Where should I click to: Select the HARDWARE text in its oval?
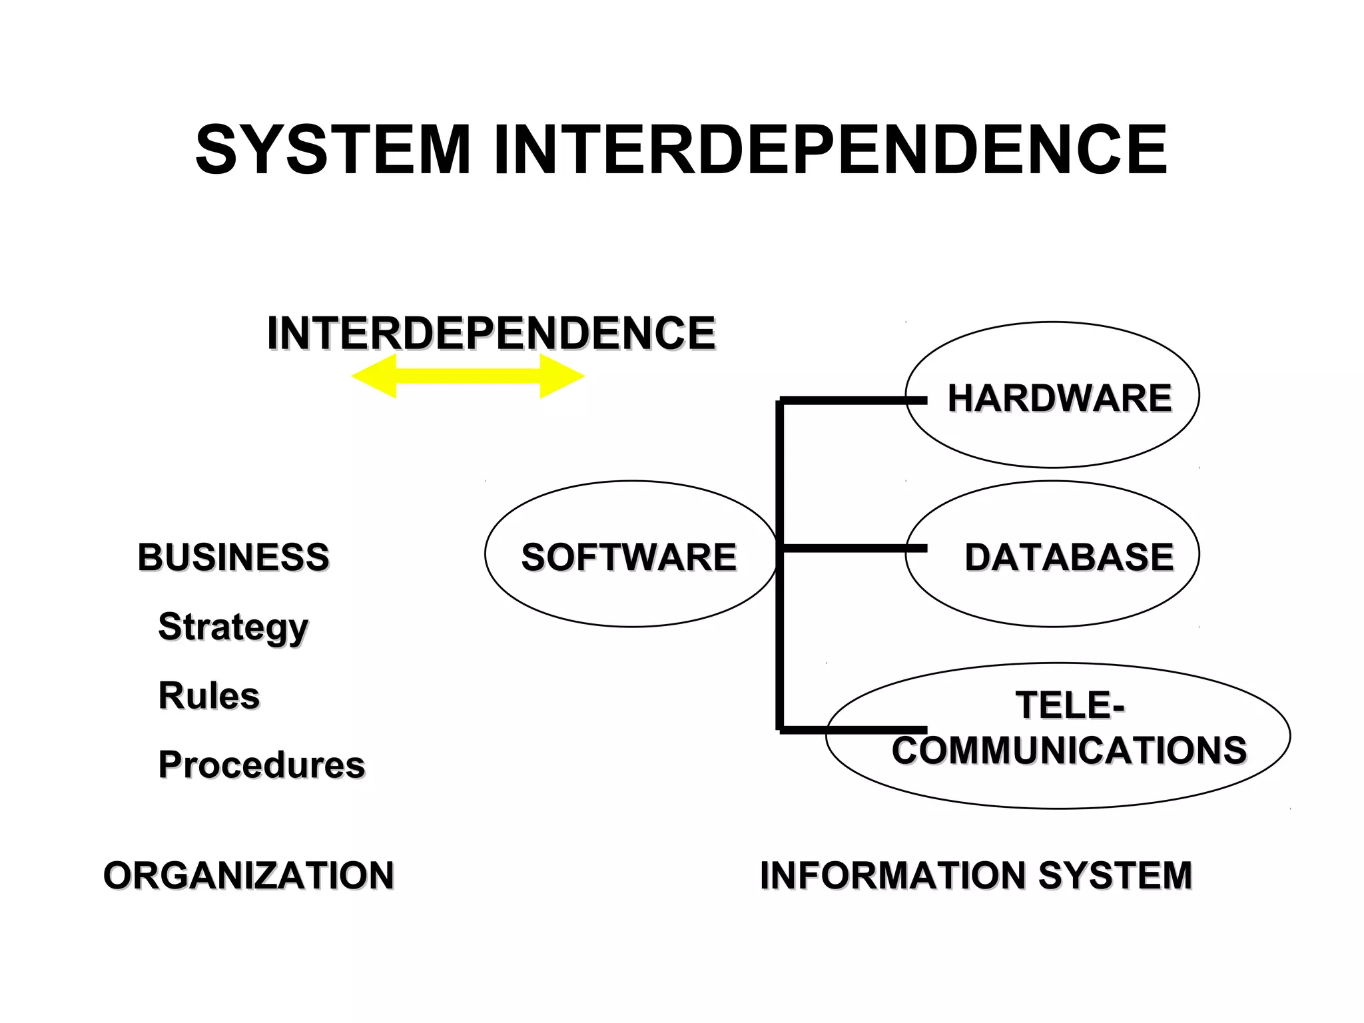pyautogui.click(x=1060, y=398)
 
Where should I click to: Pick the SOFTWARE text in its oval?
pyautogui.click(x=629, y=557)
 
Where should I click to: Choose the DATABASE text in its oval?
pyautogui.click(x=1069, y=557)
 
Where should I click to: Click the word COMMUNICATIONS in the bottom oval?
pyautogui.click(x=1069, y=751)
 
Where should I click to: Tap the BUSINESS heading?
pyautogui.click(x=233, y=557)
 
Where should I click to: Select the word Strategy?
pyautogui.click(x=233, y=627)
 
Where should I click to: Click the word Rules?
pyautogui.click(x=208, y=695)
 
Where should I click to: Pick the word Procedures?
pyautogui.click(x=262, y=765)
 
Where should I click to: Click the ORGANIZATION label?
pyautogui.click(x=248, y=875)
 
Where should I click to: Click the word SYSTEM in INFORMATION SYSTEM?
pyautogui.click(x=1115, y=875)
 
